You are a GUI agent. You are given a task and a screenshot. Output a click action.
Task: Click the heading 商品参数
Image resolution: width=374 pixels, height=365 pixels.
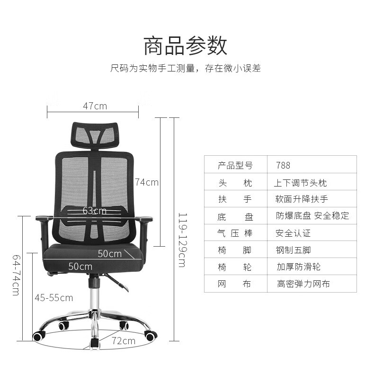[x=186, y=45]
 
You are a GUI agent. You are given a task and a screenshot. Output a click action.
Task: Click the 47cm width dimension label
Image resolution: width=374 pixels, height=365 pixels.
[x=95, y=106]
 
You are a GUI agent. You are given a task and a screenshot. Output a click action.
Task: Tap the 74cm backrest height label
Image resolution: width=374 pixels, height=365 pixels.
[x=146, y=182]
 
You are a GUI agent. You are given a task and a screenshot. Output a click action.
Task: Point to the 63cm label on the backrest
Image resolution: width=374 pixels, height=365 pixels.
[x=94, y=211]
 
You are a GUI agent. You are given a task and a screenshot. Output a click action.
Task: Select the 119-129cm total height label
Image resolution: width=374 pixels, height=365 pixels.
[x=181, y=240]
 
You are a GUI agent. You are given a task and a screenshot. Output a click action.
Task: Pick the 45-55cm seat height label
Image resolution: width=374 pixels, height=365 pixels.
[x=53, y=297]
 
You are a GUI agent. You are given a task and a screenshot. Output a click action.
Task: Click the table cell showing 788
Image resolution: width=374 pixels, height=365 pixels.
[x=283, y=165]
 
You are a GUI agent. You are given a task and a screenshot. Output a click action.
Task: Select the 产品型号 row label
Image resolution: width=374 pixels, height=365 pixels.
[x=235, y=165]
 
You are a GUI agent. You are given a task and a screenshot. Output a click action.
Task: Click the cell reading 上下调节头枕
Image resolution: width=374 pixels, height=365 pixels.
[x=300, y=183]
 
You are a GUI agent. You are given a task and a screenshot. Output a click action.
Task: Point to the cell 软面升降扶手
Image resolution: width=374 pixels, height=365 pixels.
[x=302, y=199]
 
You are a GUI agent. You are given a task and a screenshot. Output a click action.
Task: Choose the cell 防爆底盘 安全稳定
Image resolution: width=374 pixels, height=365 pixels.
[x=312, y=216]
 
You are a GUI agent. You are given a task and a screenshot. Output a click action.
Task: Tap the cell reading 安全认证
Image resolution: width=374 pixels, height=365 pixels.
[x=293, y=233]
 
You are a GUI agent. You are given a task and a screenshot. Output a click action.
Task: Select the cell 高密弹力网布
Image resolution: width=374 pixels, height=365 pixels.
[x=303, y=284]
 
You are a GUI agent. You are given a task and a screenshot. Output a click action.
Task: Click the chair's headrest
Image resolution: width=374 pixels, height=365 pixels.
[x=94, y=134]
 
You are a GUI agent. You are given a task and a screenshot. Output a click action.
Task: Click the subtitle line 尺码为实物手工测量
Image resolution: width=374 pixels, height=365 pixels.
[x=186, y=68]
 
